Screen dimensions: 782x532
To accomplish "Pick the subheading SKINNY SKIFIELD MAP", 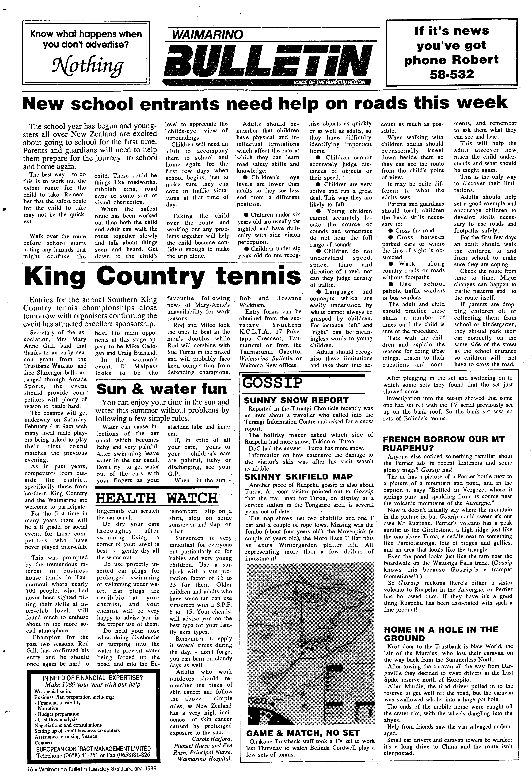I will point(298,477).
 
